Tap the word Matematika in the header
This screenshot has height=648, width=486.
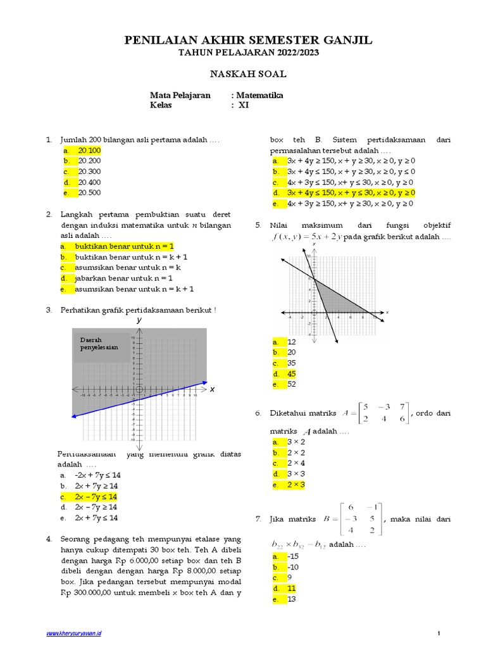point(259,96)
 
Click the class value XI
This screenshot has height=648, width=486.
point(244,106)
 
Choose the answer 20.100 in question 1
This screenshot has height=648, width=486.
point(89,151)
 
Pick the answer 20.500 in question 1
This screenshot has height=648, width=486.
point(89,192)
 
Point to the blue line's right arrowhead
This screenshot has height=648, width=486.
point(204,382)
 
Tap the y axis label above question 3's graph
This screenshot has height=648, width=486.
point(139,321)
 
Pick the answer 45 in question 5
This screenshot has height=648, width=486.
point(292,373)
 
